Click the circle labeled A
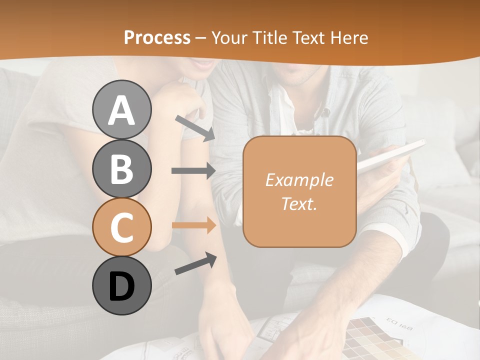121,109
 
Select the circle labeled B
121,168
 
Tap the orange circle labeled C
121,227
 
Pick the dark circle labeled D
121,286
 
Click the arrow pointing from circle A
195,128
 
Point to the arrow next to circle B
193,171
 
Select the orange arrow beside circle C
193,225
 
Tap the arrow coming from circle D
195,263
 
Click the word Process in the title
157,38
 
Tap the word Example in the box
299,180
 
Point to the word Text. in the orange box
299,204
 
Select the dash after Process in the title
200,38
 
